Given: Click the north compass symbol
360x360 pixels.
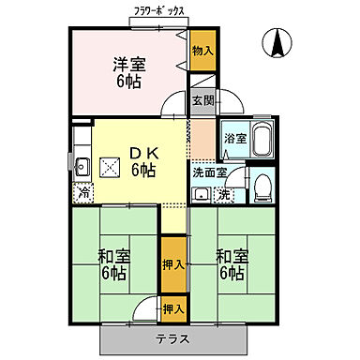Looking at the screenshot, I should point(278,43).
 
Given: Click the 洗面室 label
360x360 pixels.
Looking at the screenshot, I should point(210,172).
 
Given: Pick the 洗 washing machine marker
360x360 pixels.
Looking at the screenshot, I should point(225,195).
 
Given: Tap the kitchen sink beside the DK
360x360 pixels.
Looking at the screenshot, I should point(81,168).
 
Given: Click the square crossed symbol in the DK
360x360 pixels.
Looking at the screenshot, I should point(109,168).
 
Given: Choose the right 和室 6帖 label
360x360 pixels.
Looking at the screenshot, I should point(229,264).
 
